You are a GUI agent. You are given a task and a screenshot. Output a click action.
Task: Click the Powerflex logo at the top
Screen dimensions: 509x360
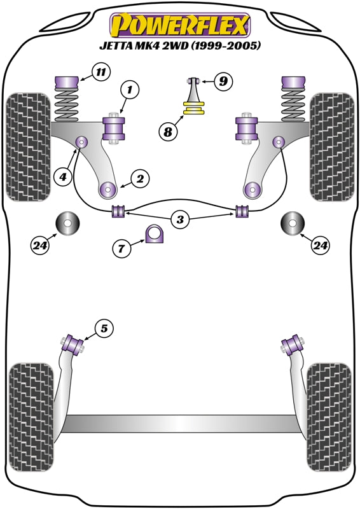click(x=180, y=25)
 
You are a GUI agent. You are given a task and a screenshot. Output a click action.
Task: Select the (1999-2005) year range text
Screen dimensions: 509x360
click(x=226, y=46)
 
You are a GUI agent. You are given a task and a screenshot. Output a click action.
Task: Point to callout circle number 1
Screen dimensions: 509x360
click(x=129, y=91)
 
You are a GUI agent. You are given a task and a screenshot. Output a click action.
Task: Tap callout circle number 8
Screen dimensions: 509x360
click(x=168, y=132)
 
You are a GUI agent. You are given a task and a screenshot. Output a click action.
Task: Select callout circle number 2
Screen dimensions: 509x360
click(x=139, y=179)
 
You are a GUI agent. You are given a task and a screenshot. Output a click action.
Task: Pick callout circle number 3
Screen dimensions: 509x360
click(x=181, y=220)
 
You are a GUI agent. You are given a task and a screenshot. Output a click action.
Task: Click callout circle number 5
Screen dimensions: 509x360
click(x=104, y=328)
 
